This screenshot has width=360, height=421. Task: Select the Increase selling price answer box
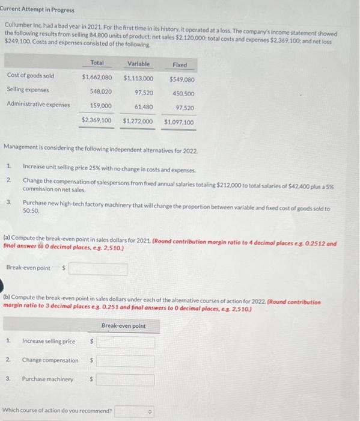click(x=125, y=342)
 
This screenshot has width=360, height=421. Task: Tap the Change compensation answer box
click(x=125, y=361)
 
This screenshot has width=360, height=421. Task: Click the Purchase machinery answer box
click(x=125, y=380)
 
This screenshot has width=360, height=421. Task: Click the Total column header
click(x=97, y=63)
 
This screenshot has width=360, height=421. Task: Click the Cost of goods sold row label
click(x=31, y=75)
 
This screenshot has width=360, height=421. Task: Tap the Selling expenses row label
click(x=28, y=90)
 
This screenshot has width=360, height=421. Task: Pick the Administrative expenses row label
click(x=38, y=104)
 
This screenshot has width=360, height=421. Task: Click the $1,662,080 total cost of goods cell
click(x=97, y=78)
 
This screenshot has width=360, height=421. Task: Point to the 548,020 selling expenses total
click(x=100, y=92)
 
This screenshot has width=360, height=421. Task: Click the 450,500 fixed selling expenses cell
click(x=183, y=93)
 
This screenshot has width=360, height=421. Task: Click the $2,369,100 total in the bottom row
click(x=97, y=120)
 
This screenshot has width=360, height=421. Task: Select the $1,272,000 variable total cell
click(x=138, y=121)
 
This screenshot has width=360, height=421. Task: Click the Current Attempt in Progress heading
click(x=37, y=10)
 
